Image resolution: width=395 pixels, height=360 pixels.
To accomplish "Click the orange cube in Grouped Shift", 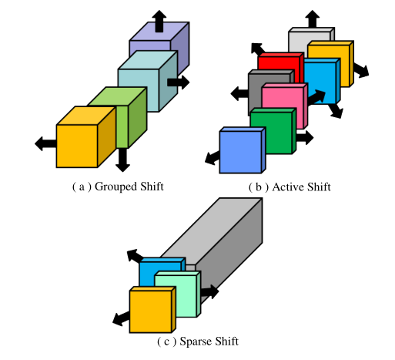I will [x=77, y=143].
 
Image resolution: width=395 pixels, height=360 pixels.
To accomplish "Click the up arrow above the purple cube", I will [x=158, y=20].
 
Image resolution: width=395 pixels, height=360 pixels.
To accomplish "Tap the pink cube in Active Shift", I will [x=281, y=103].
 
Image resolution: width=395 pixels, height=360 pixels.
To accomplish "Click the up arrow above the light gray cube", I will [x=311, y=19].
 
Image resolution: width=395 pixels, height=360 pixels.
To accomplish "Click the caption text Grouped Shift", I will [x=118, y=187].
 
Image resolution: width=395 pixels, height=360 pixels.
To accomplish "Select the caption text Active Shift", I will [x=290, y=187].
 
